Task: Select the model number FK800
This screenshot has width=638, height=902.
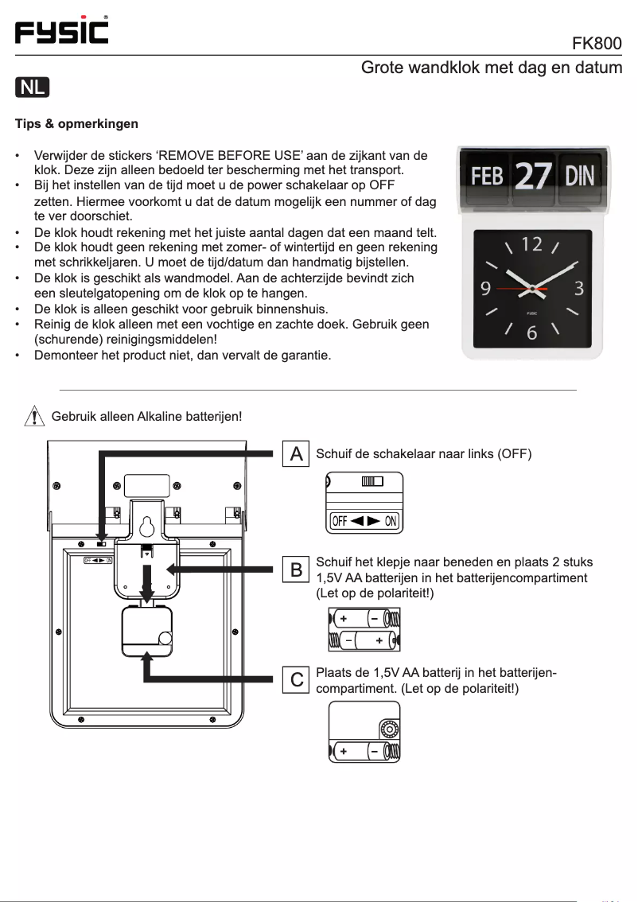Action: pos(597,43)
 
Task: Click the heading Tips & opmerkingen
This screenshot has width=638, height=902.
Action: pos(76,124)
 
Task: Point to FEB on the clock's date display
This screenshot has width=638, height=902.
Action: pos(487,176)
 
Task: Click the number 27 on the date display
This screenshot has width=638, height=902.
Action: pos(532,176)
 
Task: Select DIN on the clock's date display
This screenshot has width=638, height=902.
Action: pos(580,176)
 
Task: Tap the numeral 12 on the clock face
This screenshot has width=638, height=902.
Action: pos(531,244)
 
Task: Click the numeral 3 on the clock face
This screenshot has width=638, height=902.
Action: pos(580,287)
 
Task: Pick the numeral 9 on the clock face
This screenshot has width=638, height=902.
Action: pos(484,287)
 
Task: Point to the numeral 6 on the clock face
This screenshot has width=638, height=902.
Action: pos(531,332)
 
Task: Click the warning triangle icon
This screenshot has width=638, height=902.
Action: pos(33,416)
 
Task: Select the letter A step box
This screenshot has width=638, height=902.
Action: pos(296,454)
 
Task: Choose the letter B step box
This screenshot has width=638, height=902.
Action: pos(296,570)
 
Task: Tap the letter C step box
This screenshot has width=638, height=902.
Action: pos(296,679)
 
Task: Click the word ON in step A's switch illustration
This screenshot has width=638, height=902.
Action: pos(391,521)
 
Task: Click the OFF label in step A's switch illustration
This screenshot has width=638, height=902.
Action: pos(340,521)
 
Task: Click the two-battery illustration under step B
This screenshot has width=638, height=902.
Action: pos(364,629)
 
